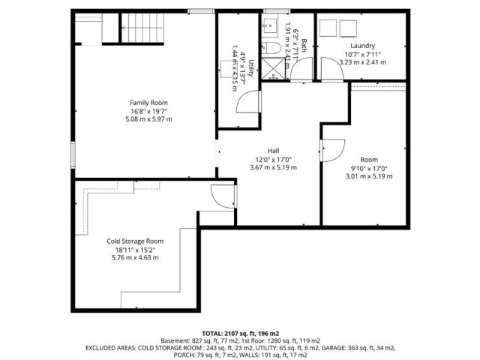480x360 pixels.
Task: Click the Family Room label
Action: [x=148, y=103]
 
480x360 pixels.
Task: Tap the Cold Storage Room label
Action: [x=135, y=241]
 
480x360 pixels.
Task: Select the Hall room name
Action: [x=273, y=151]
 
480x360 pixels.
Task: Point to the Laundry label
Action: [x=362, y=46]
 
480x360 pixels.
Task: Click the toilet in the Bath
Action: [x=271, y=48]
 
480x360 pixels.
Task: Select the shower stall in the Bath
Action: [x=273, y=68]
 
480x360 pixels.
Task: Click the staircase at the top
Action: [x=142, y=28]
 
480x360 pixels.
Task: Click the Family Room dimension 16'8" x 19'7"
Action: [x=148, y=111]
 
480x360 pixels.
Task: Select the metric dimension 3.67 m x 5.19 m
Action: [x=273, y=167]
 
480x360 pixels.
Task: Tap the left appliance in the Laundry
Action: [x=328, y=28]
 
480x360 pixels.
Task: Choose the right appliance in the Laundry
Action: [x=348, y=28]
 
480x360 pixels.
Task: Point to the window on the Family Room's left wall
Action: [x=73, y=154]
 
